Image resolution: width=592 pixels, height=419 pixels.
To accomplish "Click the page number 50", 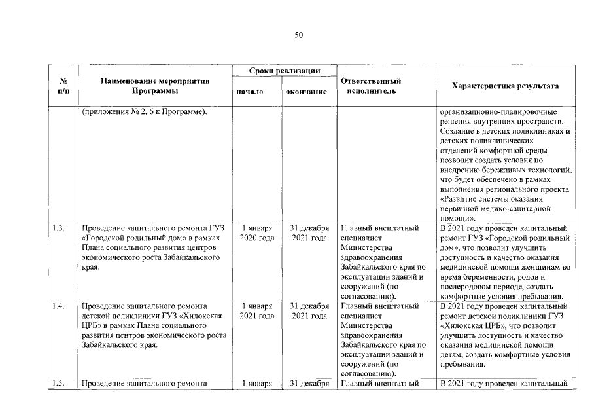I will pyautogui.click(x=299, y=35).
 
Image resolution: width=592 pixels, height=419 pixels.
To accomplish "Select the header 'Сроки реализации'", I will pyautogui.click(x=283, y=70).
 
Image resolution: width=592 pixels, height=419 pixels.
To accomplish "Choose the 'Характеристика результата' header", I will pyautogui.click(x=506, y=86).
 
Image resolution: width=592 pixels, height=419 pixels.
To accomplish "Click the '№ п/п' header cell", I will pyautogui.click(x=64, y=86).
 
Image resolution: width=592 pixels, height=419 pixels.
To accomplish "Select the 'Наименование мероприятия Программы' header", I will pyautogui.click(x=155, y=86).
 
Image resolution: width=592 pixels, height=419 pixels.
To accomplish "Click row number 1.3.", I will pyautogui.click(x=58, y=228).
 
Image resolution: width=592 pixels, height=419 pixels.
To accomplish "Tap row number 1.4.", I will pyautogui.click(x=58, y=306).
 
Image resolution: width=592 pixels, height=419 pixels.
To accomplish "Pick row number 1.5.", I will pyautogui.click(x=58, y=384).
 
